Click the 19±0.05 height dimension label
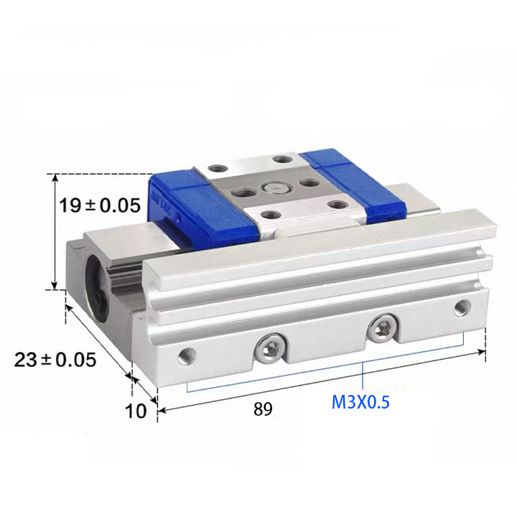[100, 205]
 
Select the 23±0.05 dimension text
[55, 360]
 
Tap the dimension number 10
[136, 411]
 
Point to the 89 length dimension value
[263, 409]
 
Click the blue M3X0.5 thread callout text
[360, 402]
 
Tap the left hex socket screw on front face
[271, 348]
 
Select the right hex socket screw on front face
[382, 328]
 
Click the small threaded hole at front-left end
[187, 357]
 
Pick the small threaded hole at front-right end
[462, 308]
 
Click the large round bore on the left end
[98, 289]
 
